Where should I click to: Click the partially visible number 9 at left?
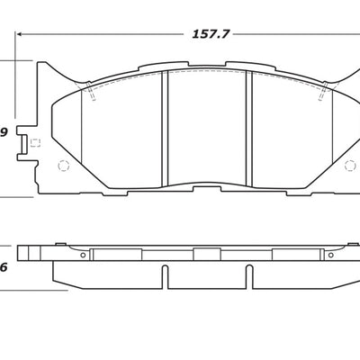point(4,135)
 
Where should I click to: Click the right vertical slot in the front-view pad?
point(249,130)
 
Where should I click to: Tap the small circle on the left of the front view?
point(63,166)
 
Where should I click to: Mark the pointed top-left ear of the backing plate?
point(41,65)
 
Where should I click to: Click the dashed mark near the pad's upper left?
point(91,93)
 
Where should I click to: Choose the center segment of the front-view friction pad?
point(207,130)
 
